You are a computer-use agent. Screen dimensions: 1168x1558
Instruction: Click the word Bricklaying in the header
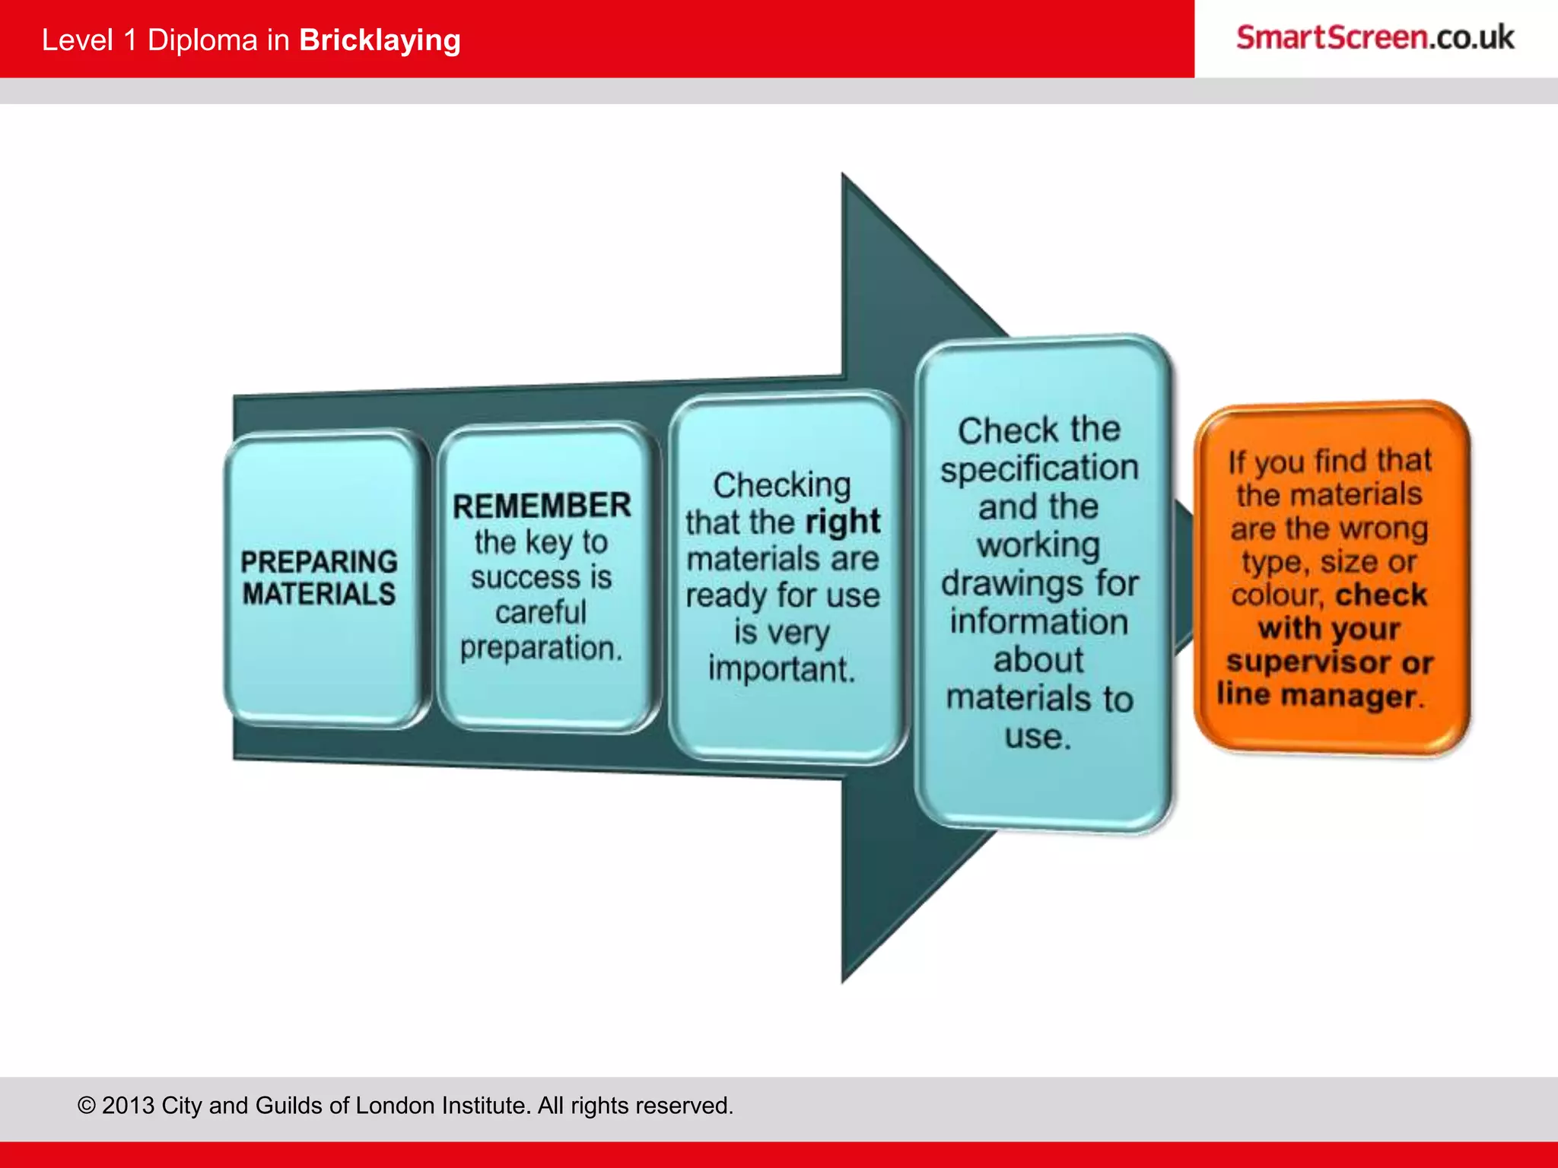point(380,40)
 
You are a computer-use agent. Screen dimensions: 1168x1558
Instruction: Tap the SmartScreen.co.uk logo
point(1375,38)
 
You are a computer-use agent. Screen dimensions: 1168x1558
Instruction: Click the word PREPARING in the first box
point(319,561)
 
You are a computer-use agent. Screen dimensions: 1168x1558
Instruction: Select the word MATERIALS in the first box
point(319,594)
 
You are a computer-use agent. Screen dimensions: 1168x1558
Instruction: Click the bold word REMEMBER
point(542,506)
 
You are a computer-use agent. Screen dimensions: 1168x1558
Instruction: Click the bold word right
point(842,522)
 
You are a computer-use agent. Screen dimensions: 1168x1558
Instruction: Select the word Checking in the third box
point(781,485)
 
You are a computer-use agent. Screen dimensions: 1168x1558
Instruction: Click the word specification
point(1039,468)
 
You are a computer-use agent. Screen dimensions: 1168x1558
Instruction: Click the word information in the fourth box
point(1039,622)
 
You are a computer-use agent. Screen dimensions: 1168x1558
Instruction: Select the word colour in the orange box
point(1277,595)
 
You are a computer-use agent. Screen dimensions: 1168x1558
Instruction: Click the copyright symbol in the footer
point(87,1105)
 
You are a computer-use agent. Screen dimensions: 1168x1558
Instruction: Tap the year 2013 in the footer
point(128,1105)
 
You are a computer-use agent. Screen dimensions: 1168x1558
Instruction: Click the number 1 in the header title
point(130,40)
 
